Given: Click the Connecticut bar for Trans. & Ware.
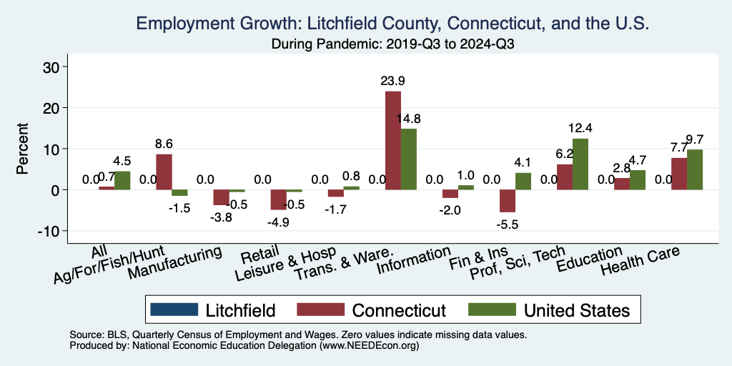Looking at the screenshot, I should click(393, 140).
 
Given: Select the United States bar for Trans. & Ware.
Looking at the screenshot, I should click(408, 159).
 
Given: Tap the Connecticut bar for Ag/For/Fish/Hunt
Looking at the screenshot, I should click(164, 172).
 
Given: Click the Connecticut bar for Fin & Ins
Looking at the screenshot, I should click(508, 201).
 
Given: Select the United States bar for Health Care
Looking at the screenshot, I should click(695, 169).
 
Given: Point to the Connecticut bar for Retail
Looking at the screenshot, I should click(278, 199).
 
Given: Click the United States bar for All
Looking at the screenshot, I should click(122, 180).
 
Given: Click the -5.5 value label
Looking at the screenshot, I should click(508, 223).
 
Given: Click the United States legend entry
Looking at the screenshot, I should click(549, 310).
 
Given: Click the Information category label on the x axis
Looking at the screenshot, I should click(414, 260).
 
